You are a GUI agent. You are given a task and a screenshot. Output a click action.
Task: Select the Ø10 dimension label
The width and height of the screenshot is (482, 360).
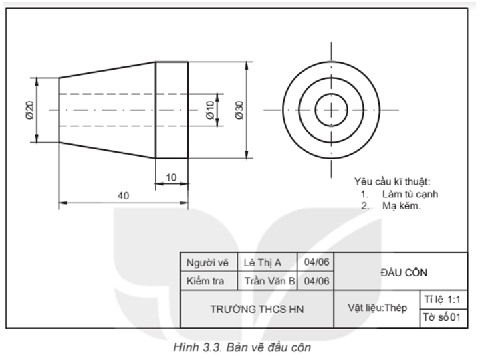click(210, 110)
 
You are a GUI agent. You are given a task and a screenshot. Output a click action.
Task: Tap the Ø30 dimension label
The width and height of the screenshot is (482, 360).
click(239, 110)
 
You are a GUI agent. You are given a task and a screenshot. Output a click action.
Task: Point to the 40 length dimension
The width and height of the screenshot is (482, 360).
click(123, 195)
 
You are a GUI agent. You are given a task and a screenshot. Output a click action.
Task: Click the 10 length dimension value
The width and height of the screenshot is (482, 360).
click(171, 177)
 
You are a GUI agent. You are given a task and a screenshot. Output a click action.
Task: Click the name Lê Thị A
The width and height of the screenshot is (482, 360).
click(263, 263)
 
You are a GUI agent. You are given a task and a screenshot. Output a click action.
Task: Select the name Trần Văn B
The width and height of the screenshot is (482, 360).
click(269, 281)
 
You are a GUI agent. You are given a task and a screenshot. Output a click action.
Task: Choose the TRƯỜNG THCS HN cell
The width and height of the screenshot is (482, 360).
click(257, 310)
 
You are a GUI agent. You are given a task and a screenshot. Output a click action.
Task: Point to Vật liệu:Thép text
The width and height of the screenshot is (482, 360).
click(378, 308)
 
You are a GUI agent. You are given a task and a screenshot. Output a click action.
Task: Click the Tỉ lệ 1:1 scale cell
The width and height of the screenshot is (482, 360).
click(442, 298)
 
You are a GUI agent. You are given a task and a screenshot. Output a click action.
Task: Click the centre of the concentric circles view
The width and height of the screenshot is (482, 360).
click(330, 110)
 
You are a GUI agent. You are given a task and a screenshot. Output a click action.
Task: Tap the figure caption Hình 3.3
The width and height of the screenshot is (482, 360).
click(241, 347)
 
